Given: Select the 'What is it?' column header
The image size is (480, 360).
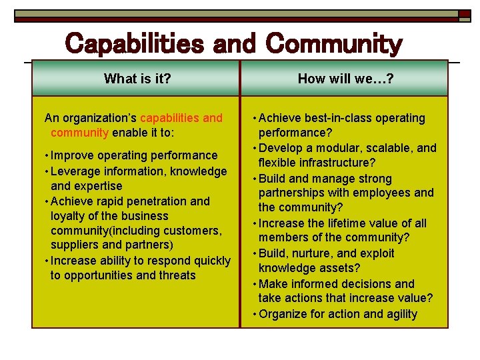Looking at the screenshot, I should pos(137,79).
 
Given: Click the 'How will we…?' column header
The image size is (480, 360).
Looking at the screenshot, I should pos(345,79).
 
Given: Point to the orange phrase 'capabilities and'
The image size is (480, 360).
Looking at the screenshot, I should pos(181,118).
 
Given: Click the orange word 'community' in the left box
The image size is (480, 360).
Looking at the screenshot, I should pos(79,132).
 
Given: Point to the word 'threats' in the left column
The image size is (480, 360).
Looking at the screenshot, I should pos(176,275).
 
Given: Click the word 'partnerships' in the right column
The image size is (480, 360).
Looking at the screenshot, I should pos(292,193).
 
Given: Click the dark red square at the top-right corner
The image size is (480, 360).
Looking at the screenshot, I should pos(464,13).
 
